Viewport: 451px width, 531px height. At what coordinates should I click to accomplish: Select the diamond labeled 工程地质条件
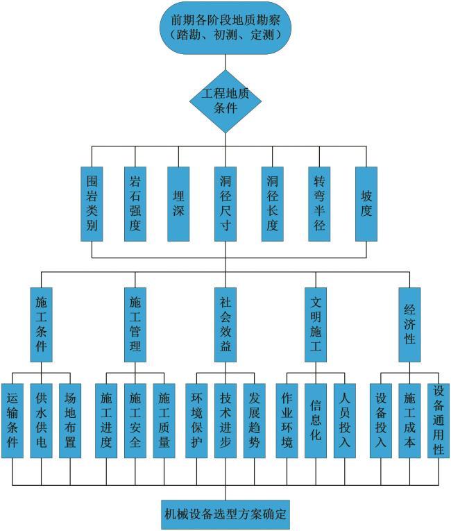pyautogui.click(x=226, y=101)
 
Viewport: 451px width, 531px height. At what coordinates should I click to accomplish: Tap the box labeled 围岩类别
pyautogui.click(x=92, y=203)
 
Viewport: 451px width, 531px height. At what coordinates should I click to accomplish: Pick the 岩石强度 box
pyautogui.click(x=135, y=203)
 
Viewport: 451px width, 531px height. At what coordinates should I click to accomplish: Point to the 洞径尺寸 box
pyautogui.click(x=226, y=203)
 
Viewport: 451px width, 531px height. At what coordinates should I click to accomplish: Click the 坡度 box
pyautogui.click(x=366, y=203)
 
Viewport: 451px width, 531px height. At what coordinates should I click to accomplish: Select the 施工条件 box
pyautogui.click(x=42, y=323)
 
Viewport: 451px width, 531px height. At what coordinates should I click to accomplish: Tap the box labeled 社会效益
pyautogui.click(x=226, y=323)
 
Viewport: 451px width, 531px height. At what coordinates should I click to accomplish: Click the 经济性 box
pyautogui.click(x=409, y=323)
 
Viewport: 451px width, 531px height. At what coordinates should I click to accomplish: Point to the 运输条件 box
pyautogui.click(x=12, y=419)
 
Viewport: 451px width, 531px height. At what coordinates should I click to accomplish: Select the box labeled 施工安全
pyautogui.click(x=135, y=419)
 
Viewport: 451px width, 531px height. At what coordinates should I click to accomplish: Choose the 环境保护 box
pyautogui.click(x=197, y=419)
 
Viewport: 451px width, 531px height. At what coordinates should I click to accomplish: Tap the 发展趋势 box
pyautogui.click(x=255, y=419)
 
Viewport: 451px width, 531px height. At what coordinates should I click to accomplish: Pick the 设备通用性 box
pyautogui.click(x=439, y=419)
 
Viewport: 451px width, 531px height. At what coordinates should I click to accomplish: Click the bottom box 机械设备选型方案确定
pyautogui.click(x=226, y=515)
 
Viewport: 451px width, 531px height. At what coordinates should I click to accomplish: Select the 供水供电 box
pyautogui.click(x=42, y=419)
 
